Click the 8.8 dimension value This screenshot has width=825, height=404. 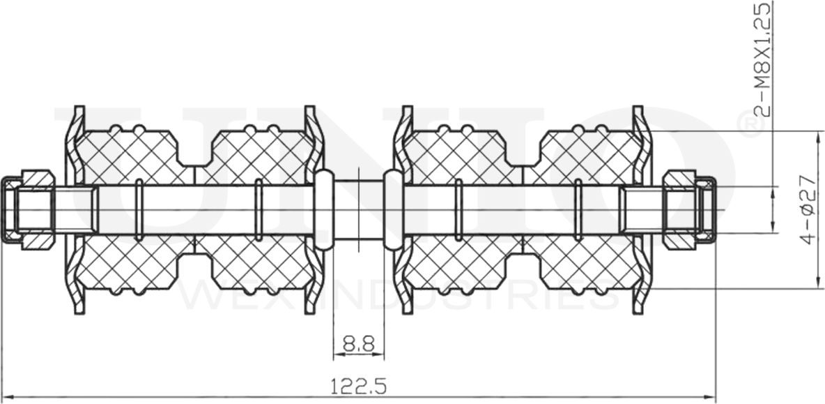(x=359, y=343)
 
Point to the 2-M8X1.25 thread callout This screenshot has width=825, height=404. (x=764, y=59)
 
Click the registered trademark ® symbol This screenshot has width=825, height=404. (x=751, y=124)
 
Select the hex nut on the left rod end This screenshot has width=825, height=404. (x=38, y=209)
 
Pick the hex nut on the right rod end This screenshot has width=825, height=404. (x=679, y=209)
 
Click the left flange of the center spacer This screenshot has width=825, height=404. (x=323, y=209)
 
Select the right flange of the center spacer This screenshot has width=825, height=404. (x=393, y=209)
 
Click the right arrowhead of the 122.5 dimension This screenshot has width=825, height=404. (x=711, y=397)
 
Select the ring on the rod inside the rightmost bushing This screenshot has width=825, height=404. (x=578, y=209)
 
